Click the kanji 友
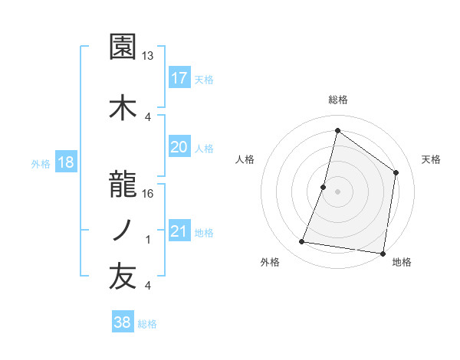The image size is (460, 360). (x=123, y=277)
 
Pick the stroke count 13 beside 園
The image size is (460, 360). (x=148, y=56)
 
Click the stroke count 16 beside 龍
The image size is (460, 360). (x=148, y=194)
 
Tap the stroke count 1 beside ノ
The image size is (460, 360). (x=148, y=240)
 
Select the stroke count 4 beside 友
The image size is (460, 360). (x=148, y=286)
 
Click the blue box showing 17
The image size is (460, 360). (x=179, y=77)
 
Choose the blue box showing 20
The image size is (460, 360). (x=179, y=146)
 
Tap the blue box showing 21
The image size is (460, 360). (x=179, y=231)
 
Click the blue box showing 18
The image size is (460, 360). (x=65, y=162)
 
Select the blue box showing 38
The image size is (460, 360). (x=123, y=322)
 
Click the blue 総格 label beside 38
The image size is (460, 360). (x=147, y=324)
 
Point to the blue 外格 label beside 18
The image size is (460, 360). (x=41, y=163)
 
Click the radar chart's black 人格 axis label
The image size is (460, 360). (x=245, y=159)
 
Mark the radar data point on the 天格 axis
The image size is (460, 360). (x=396, y=172)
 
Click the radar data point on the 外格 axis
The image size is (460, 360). (x=302, y=242)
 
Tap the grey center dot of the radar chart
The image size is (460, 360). (x=337, y=191)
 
